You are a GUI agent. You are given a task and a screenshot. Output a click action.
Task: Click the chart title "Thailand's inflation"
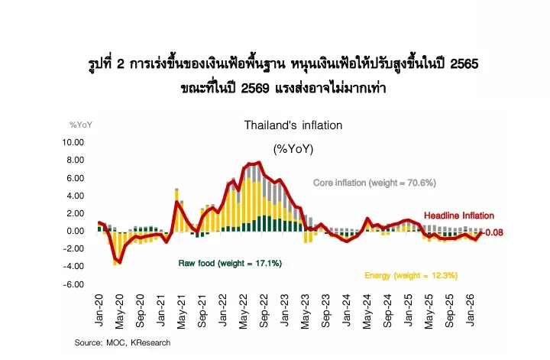tap(293, 125)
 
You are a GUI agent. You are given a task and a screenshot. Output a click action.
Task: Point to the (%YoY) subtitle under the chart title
tap(293, 148)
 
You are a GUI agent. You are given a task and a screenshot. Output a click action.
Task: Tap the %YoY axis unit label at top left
tap(80, 125)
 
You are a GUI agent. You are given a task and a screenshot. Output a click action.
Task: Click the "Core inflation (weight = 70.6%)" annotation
tap(374, 183)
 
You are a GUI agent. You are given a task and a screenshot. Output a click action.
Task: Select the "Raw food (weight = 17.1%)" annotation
tap(230, 263)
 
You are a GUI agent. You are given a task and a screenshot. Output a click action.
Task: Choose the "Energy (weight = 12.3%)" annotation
tap(410, 275)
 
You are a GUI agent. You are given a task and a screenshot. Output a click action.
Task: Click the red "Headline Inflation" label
tap(458, 216)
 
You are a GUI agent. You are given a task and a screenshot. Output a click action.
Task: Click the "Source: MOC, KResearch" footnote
tap(122, 342)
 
